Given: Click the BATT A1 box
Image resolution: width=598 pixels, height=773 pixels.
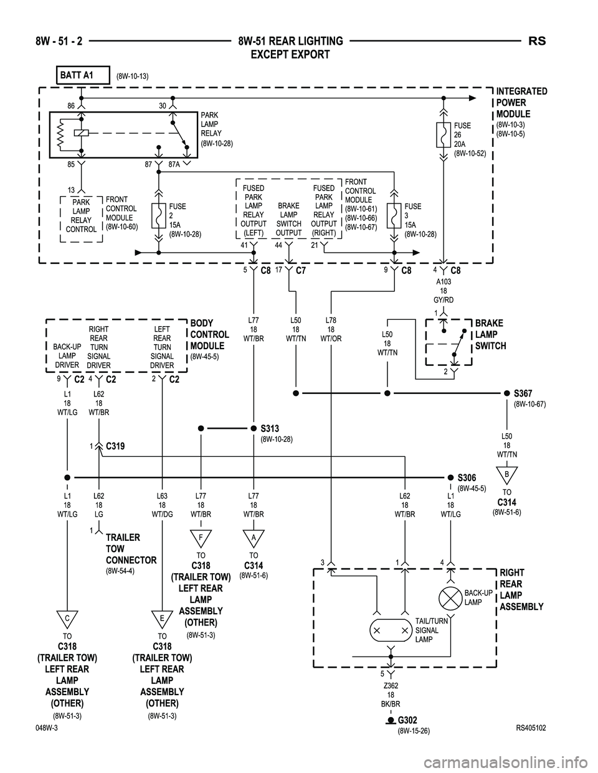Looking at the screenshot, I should pos(82,75).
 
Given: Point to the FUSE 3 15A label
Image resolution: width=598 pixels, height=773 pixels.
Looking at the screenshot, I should pos(420,220).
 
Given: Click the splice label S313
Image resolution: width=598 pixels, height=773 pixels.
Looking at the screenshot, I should pos(270,429).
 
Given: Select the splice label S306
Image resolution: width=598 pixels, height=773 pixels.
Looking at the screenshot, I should pos(467,477).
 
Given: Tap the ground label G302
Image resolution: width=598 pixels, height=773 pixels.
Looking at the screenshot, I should pos(407,721).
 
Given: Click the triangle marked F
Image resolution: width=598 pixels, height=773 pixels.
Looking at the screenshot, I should pos(201,536).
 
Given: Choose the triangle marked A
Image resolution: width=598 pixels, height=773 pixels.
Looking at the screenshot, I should pos(254,536).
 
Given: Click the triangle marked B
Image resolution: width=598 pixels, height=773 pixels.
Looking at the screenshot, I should pos(507,474).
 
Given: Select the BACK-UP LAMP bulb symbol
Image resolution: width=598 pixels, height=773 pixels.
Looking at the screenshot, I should pos(450,599).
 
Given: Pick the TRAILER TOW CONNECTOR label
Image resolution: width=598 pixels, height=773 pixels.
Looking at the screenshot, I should pos(131,549).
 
